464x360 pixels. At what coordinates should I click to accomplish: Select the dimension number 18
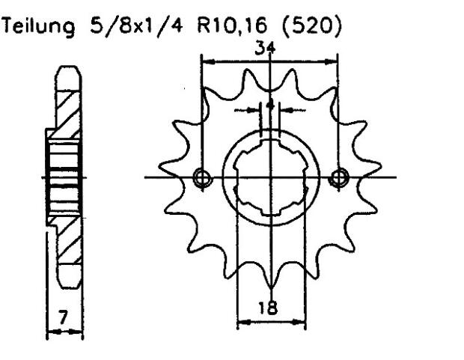coord(272,308)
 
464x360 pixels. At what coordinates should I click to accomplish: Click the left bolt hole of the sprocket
coord(200,177)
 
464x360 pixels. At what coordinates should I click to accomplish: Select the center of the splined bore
coord(271,177)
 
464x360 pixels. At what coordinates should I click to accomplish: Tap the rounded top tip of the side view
coord(65,69)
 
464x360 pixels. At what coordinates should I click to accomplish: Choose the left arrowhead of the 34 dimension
coord(205,58)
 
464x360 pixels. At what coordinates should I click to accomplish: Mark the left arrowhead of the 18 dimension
coord(242,324)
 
